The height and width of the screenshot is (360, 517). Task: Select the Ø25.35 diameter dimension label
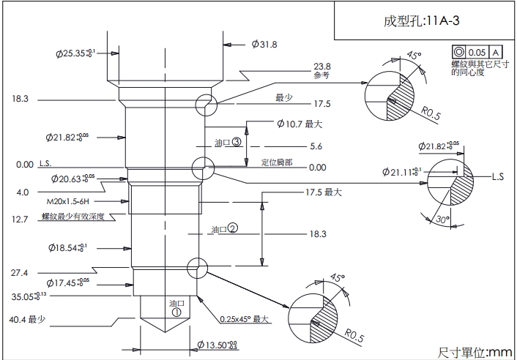pyautogui.click(x=75, y=53)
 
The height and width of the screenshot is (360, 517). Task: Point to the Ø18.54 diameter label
pyautogui.click(x=75, y=247)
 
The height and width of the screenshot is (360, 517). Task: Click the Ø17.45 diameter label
pyautogui.click(x=74, y=282)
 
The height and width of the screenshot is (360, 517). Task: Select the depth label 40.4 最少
pyautogui.click(x=28, y=319)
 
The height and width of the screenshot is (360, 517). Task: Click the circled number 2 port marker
pyautogui.click(x=233, y=228)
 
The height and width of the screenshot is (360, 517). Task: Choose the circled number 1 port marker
pyautogui.click(x=176, y=310)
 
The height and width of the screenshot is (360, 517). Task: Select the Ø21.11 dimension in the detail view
pyautogui.click(x=402, y=172)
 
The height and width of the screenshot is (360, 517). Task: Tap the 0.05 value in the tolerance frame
pyautogui.click(x=477, y=52)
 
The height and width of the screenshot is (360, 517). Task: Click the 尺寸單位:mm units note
pyautogui.click(x=476, y=351)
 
